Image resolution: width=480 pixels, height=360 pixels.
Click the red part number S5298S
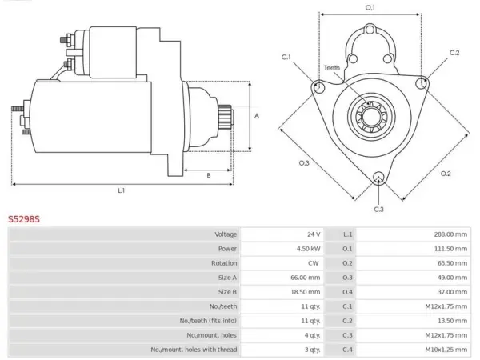pos(24,219)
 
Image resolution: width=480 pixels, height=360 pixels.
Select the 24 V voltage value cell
pos(314,234)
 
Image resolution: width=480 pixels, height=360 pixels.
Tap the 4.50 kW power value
pos(308,249)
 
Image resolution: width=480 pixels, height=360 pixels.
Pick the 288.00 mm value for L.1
pos(450,234)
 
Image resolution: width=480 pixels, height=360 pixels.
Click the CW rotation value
pos(313,263)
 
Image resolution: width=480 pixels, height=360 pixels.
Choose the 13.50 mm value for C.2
pos(452,321)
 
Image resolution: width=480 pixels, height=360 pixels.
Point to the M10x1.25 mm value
pos(446,350)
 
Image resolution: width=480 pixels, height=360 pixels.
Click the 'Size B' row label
pos(227,292)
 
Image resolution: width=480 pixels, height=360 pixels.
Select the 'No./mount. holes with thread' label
pos(194,350)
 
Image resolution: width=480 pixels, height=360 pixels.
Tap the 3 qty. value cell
pos(312,350)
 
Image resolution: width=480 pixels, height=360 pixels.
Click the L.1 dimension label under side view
pos(122,190)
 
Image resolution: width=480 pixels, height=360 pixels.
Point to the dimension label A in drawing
pos(257,116)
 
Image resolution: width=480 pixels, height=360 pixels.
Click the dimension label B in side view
pos(209,175)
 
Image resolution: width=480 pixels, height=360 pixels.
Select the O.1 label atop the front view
pos(370,7)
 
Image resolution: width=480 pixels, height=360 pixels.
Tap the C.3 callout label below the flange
pos(378,210)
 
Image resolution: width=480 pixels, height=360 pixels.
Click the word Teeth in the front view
pos(332,68)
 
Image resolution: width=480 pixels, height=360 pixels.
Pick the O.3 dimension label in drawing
pos(304,163)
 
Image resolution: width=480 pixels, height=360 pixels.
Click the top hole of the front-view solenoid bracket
pos(370,30)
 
